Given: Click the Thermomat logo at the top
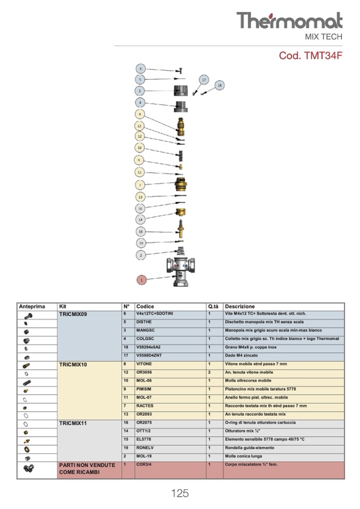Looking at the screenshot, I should (x=289, y=21).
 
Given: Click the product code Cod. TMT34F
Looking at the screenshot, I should (x=311, y=56).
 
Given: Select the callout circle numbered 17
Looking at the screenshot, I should (x=203, y=80).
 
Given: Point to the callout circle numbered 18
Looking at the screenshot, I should (x=220, y=85).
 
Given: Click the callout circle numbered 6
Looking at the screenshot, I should (x=141, y=69).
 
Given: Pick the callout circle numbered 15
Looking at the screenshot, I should (x=141, y=231).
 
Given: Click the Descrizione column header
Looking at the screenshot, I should (x=239, y=306).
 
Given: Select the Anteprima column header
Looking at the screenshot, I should (x=32, y=306).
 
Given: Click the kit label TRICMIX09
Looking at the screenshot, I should (x=73, y=314).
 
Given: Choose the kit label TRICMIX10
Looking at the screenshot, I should (x=73, y=365).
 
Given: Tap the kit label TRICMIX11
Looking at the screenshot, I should (x=73, y=423).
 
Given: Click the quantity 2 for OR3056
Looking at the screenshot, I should (x=209, y=373).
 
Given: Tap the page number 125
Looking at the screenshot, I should (x=179, y=493).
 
